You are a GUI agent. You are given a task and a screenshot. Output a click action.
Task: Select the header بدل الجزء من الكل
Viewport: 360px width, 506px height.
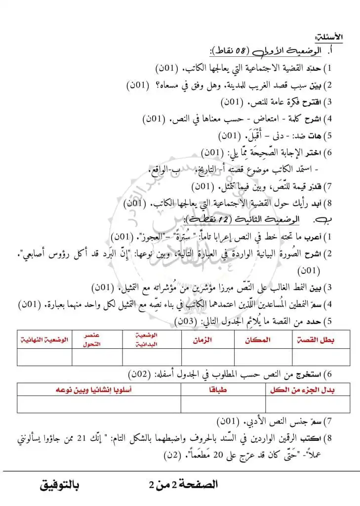[309, 390]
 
